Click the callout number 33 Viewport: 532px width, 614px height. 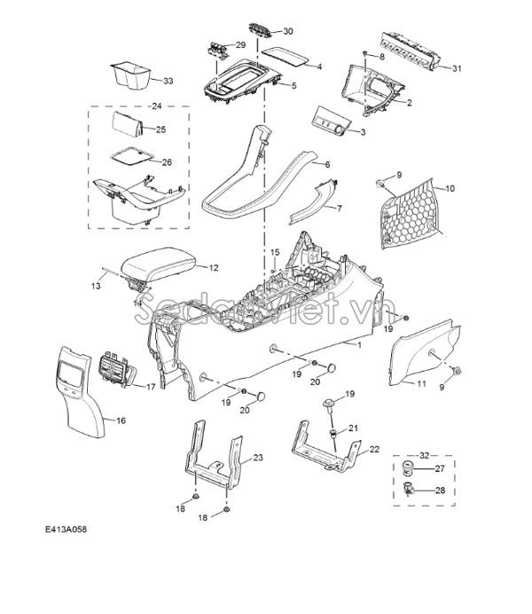tap(168, 81)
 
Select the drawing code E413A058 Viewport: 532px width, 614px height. tap(66, 530)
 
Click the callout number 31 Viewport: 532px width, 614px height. tap(457, 68)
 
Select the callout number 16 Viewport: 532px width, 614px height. tap(121, 421)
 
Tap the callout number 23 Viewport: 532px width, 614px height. tap(258, 457)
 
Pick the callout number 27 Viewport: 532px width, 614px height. tap(440, 468)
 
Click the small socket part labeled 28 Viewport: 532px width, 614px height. tap(409, 488)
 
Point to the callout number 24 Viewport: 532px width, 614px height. tap(156, 106)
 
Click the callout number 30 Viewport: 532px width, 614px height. tap(288, 31)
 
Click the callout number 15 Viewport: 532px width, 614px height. tap(275, 252)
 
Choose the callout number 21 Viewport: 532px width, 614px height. tap(353, 428)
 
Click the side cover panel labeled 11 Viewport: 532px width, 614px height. tap(425, 352)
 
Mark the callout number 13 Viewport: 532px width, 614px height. tap(96, 287)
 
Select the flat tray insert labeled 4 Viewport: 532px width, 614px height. tap(285, 55)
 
